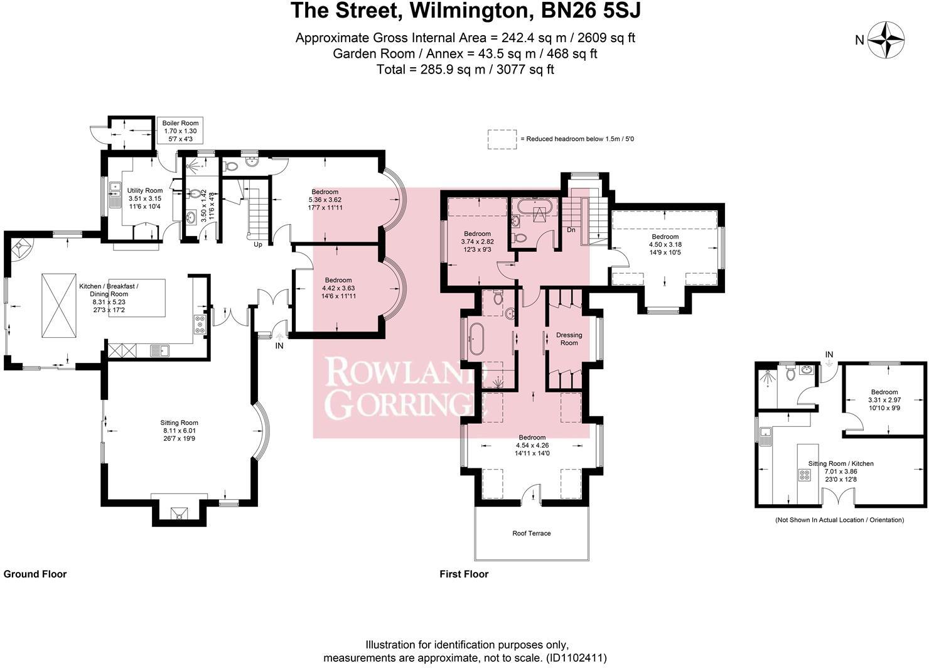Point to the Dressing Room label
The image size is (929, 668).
[x=569, y=338]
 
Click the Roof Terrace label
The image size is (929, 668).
[x=531, y=533]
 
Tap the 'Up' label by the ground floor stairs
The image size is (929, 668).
[x=257, y=244]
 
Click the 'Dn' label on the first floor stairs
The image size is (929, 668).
[x=571, y=230]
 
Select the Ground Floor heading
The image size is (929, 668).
[x=35, y=574]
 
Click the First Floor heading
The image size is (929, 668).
[x=464, y=574]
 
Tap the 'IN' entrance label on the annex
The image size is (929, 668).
[x=829, y=355]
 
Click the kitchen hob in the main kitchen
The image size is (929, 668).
[x=201, y=323]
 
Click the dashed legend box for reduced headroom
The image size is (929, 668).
[x=502, y=139]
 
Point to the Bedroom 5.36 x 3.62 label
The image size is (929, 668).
[x=325, y=199]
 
